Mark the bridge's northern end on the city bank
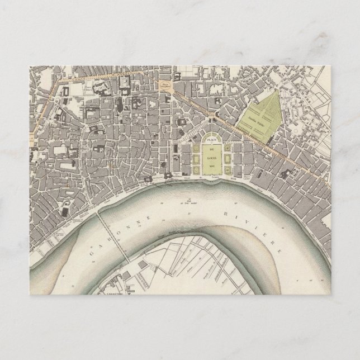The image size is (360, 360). pyautogui.click(x=97, y=211)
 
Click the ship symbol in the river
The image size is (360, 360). pyautogui.click(x=191, y=199)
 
